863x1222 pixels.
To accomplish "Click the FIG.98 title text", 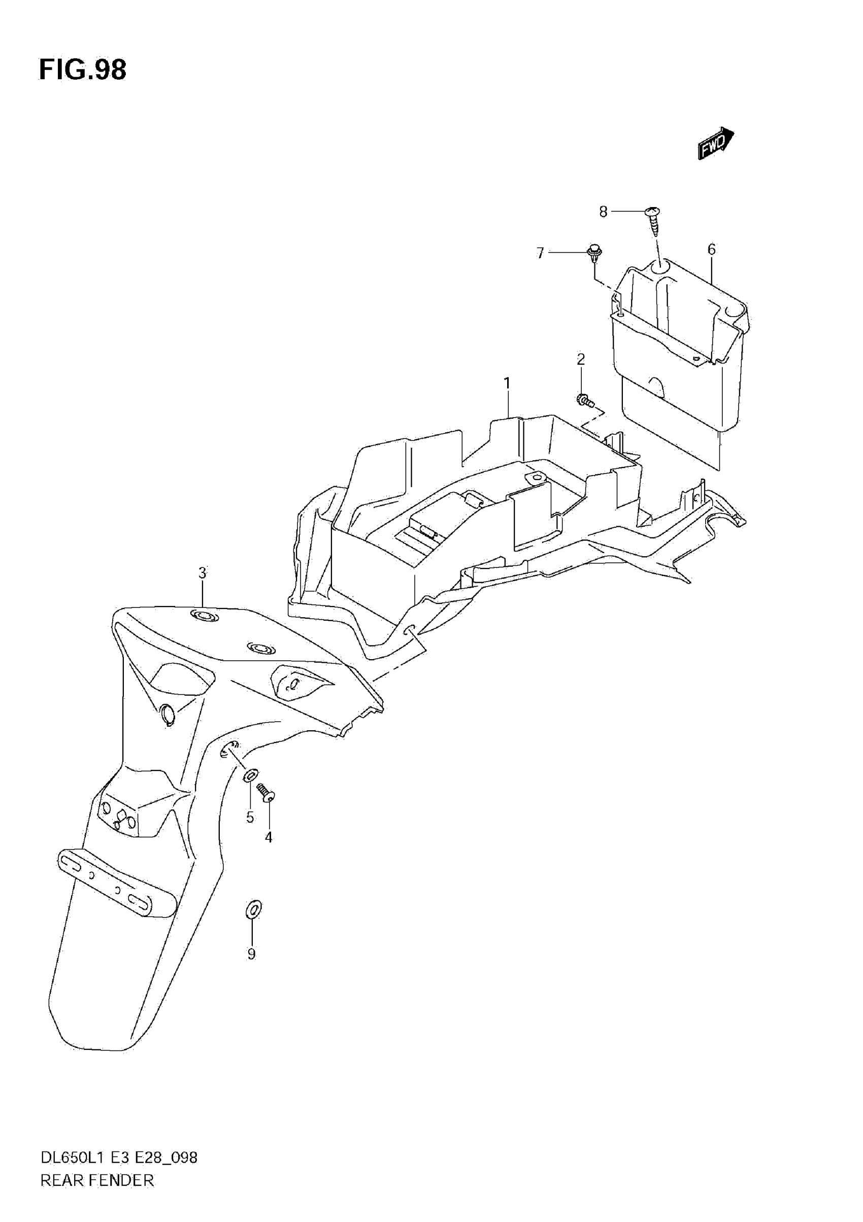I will pyautogui.click(x=83, y=70).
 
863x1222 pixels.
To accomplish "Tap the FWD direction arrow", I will pyautogui.click(x=716, y=143).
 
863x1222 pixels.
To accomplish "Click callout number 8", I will pyautogui.click(x=603, y=212).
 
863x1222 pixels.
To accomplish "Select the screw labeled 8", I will pyautogui.click(x=653, y=221).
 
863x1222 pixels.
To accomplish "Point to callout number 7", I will pyautogui.click(x=540, y=253).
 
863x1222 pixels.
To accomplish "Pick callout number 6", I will pyautogui.click(x=711, y=249).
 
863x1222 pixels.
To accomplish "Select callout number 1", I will pyautogui.click(x=507, y=383).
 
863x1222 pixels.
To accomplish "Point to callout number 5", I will pyautogui.click(x=250, y=818).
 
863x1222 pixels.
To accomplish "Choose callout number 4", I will pyautogui.click(x=269, y=838).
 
